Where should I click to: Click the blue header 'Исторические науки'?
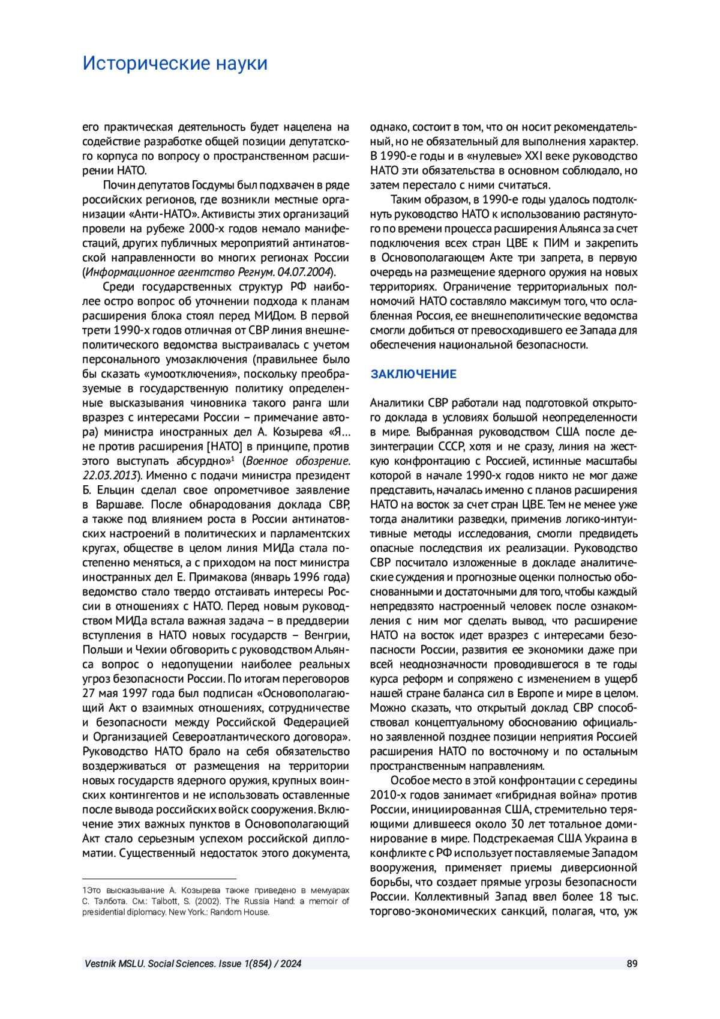point(175,63)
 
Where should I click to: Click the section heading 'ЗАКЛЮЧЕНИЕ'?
point(413,374)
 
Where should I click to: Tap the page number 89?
point(632,964)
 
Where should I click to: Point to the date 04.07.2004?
point(304,272)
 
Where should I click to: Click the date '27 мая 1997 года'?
point(125,693)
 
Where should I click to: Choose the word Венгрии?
point(327,635)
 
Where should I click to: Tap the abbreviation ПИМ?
point(556,243)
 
